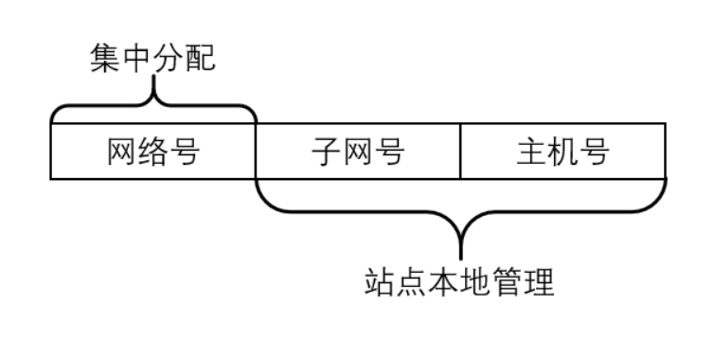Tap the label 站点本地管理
(x=459, y=282)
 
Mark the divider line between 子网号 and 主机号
(x=460, y=151)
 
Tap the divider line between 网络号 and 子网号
(x=256, y=151)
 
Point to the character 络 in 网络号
(x=152, y=151)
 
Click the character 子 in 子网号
(x=326, y=151)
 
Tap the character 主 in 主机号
(x=531, y=151)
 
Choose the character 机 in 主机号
(x=563, y=151)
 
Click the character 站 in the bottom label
(x=381, y=282)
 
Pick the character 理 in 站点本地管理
(x=538, y=282)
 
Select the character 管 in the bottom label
(x=507, y=282)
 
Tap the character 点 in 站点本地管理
(x=412, y=282)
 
